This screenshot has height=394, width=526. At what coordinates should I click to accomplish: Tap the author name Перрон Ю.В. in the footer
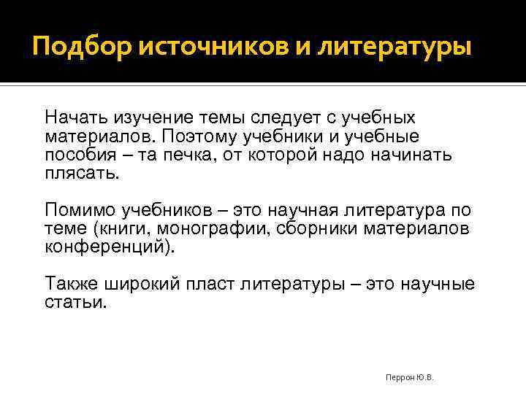[x=409, y=377]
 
